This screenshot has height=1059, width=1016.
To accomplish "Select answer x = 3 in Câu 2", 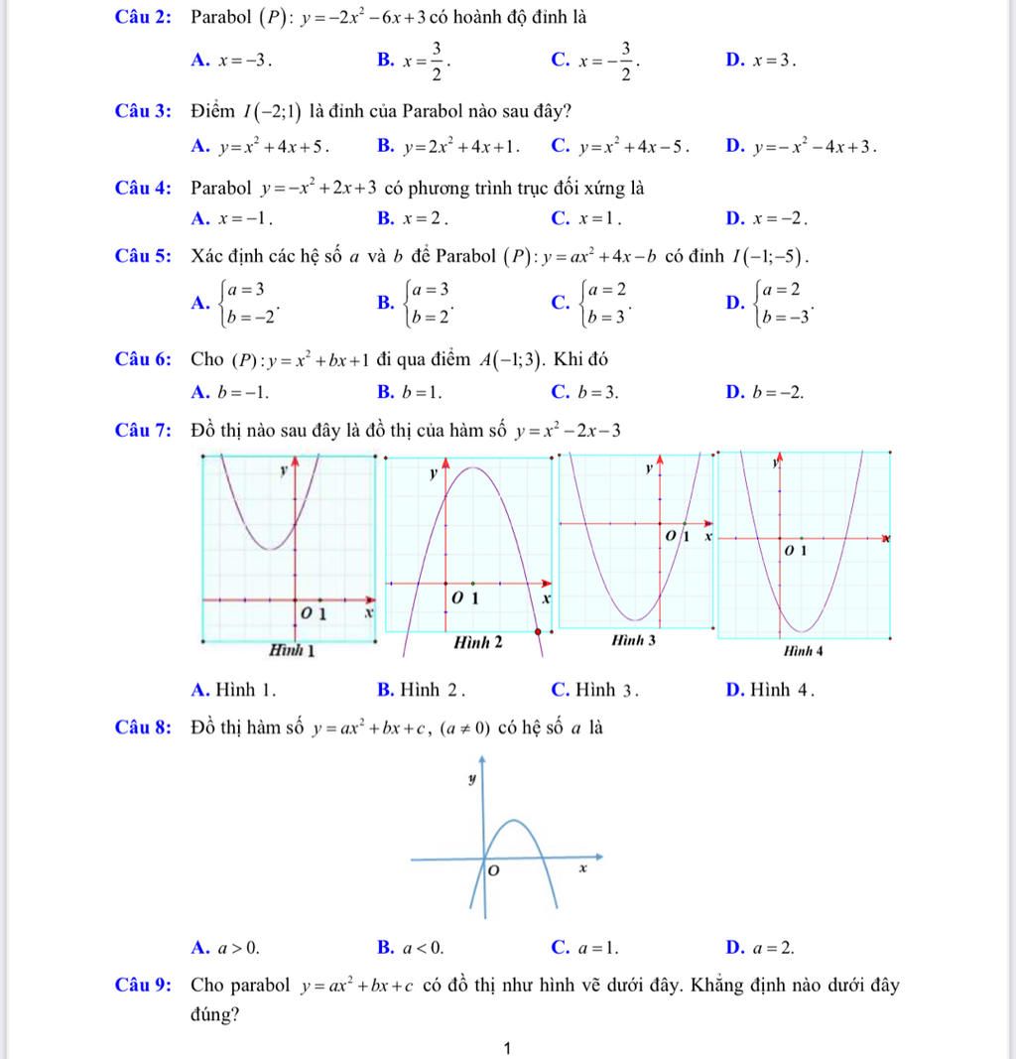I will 774,61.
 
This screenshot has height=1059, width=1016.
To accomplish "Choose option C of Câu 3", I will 619,148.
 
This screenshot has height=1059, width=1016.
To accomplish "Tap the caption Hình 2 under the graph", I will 478,642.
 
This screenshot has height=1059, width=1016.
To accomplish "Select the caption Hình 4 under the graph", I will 804,652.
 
